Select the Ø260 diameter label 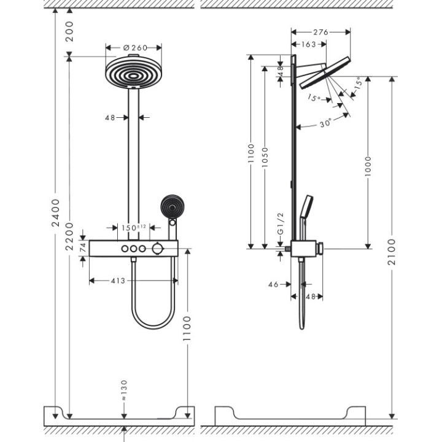tap(133, 47)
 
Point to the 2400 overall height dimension tap(55, 214)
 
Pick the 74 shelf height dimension tap(83, 247)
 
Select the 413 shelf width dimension tap(118, 281)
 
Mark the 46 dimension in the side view tap(274, 284)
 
